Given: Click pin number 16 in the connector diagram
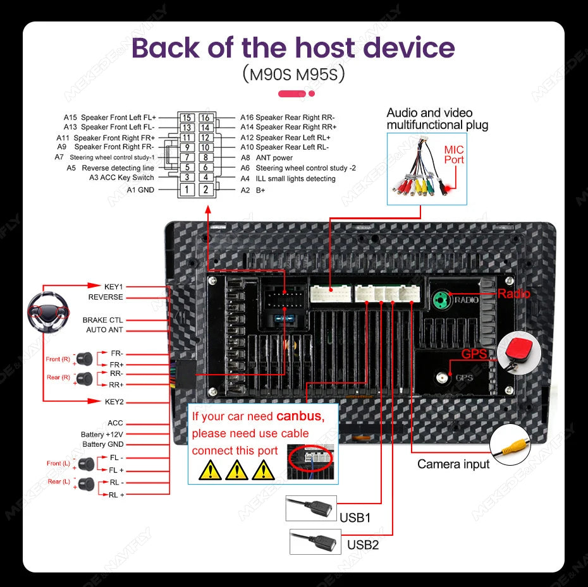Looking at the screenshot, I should tap(205, 118).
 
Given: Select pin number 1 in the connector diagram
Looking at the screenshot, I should tap(187, 190).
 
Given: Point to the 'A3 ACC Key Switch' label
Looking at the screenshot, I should tap(121, 178).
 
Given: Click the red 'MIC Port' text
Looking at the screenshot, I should tap(454, 155).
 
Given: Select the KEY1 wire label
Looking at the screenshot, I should tap(114, 286).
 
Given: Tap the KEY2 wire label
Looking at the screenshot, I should tap(114, 401).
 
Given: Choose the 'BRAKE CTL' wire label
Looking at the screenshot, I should tap(102, 320).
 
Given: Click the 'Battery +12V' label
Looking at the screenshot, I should tap(102, 434).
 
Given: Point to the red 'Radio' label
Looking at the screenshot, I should tap(513, 294).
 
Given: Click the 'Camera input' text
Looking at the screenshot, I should tap(453, 464).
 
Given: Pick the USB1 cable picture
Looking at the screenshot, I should tap(310, 508).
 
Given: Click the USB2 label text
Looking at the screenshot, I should tap(362, 545).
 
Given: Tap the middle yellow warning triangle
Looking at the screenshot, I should tap(236, 469).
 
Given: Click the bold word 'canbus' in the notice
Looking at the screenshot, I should tap(300, 416).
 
